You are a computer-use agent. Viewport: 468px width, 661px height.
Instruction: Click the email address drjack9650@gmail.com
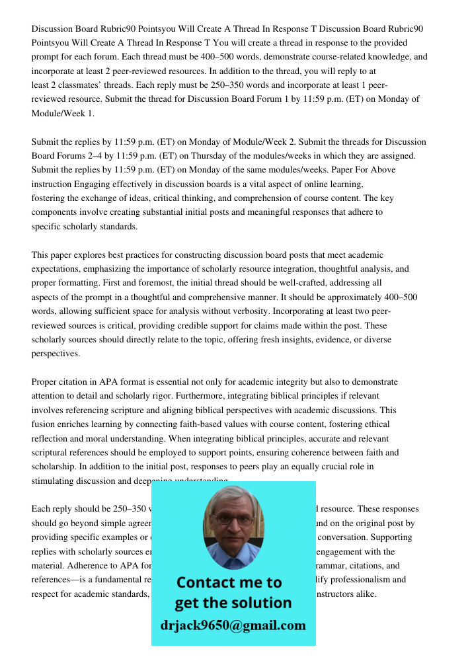coord(233,625)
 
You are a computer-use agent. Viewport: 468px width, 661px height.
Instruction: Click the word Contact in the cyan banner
coord(205,582)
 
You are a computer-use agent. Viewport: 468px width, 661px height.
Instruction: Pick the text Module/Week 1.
coord(63,113)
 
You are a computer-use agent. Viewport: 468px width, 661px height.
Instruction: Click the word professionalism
coord(374,580)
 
